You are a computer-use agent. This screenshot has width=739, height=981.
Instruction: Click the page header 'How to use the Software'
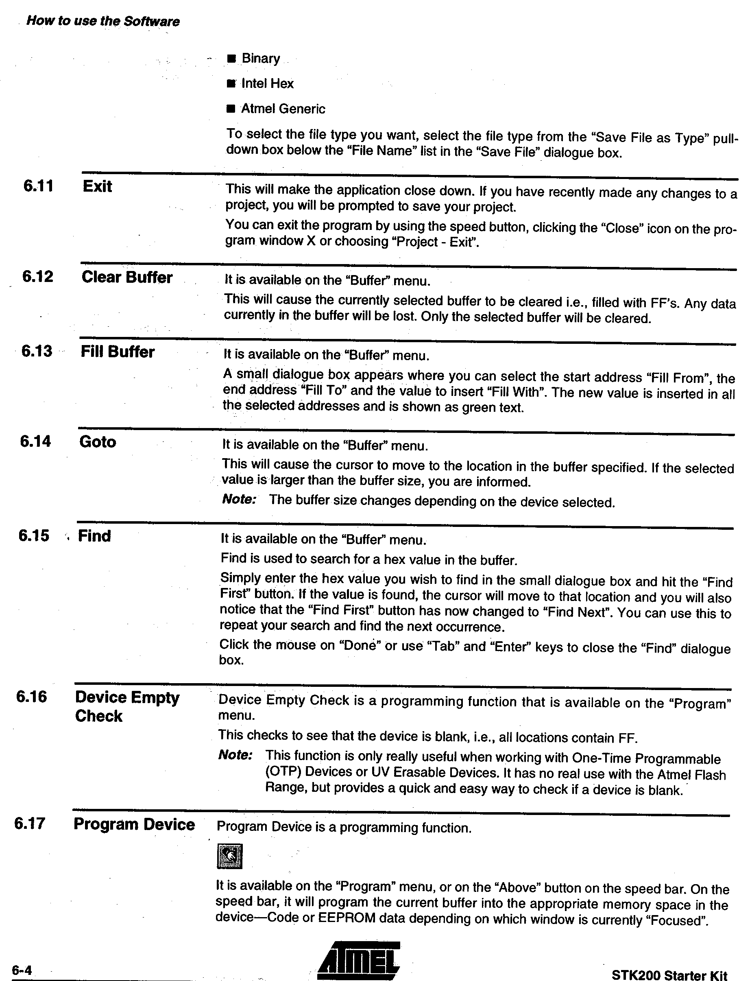[103, 21]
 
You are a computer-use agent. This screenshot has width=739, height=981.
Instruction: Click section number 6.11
[38, 186]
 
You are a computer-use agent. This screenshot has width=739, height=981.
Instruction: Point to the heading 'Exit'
[97, 186]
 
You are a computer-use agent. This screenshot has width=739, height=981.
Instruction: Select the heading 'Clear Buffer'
[127, 277]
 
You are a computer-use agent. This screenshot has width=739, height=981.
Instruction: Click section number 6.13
[37, 351]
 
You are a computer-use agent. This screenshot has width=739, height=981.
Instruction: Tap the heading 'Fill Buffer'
[118, 352]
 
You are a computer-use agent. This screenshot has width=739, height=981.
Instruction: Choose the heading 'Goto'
[98, 442]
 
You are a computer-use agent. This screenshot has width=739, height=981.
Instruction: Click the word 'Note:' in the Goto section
[239, 499]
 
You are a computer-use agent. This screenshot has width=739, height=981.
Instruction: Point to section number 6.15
[34, 536]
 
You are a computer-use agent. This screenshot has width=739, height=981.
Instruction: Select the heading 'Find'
[94, 536]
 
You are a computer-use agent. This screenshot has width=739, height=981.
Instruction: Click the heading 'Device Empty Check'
[127, 706]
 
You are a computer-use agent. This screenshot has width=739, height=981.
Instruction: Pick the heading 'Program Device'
[134, 824]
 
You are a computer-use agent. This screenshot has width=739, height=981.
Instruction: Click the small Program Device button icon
[230, 856]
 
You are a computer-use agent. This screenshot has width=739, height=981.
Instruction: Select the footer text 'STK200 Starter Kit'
[669, 975]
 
